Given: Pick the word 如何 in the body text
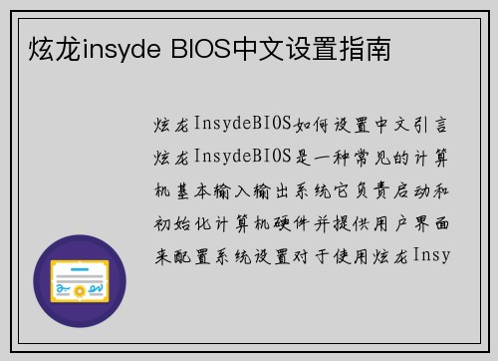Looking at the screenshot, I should (x=305, y=125).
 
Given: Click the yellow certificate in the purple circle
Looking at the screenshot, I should (x=80, y=281).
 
